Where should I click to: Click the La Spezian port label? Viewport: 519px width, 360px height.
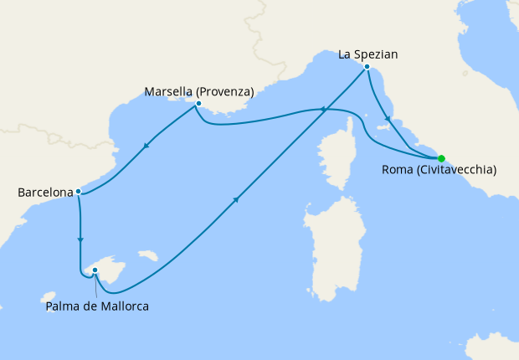point(367,54)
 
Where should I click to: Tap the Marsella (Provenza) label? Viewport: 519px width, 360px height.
point(198,91)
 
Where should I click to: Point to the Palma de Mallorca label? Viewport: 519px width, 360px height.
point(98,306)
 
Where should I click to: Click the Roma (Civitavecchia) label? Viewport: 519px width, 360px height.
point(439,170)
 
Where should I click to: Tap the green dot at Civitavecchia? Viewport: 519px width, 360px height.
point(441,158)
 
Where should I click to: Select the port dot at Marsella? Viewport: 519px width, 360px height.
point(198,105)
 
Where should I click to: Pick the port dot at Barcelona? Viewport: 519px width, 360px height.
point(78,191)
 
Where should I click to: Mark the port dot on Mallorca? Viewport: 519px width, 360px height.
point(95,270)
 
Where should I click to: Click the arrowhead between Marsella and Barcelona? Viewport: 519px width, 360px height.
point(146,147)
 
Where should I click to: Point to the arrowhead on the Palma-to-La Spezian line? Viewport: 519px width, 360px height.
point(237,199)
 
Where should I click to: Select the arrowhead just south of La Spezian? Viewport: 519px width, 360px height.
point(388,119)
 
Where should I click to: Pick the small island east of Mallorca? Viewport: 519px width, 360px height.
point(148,255)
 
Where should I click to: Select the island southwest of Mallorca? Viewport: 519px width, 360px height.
point(49,296)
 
